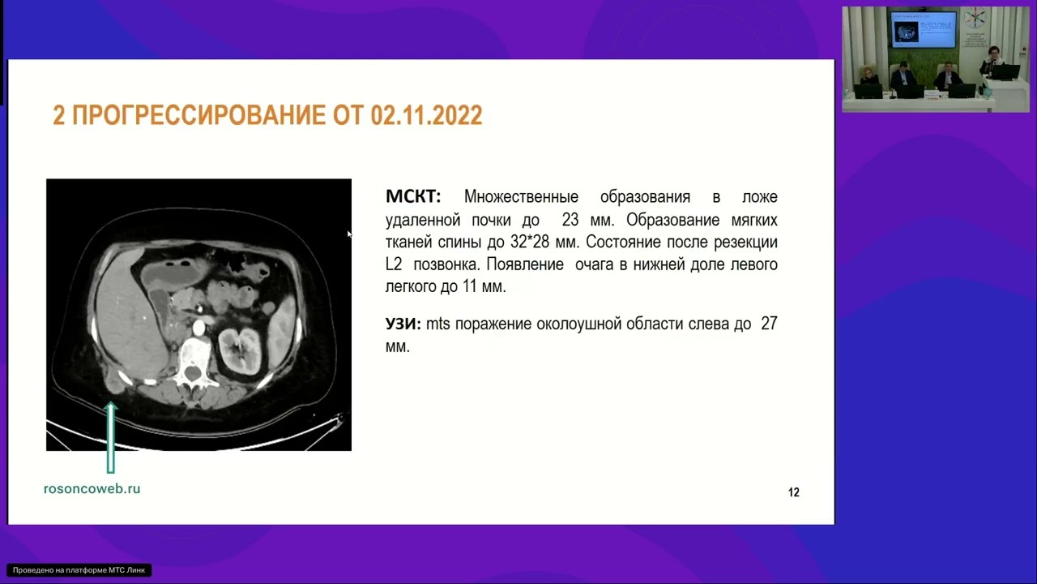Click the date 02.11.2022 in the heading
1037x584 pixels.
click(426, 116)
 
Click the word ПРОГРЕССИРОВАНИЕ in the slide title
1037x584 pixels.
click(199, 116)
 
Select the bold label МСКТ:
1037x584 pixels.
click(413, 197)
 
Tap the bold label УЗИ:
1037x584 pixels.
click(403, 324)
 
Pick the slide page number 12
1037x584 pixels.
click(793, 492)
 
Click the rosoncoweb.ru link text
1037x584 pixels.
click(92, 488)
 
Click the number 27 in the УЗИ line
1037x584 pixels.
click(769, 324)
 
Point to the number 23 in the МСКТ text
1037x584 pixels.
click(570, 220)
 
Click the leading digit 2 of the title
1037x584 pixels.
click(58, 116)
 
